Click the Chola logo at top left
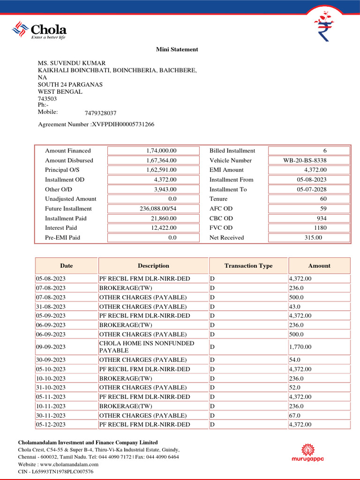[39, 30]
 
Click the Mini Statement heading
[177, 49]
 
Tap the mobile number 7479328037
[100, 113]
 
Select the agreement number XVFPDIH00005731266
[123, 124]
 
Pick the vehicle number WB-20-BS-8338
[305, 160]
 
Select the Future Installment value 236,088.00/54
[158, 209]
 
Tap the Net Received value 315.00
[313, 238]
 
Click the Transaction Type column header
[248, 266]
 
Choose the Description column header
[153, 266]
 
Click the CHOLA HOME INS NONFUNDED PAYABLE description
[146, 347]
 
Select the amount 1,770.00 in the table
[300, 347]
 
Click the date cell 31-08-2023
[51, 307]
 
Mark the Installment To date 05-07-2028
[312, 189]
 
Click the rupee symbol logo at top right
[324, 26]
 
